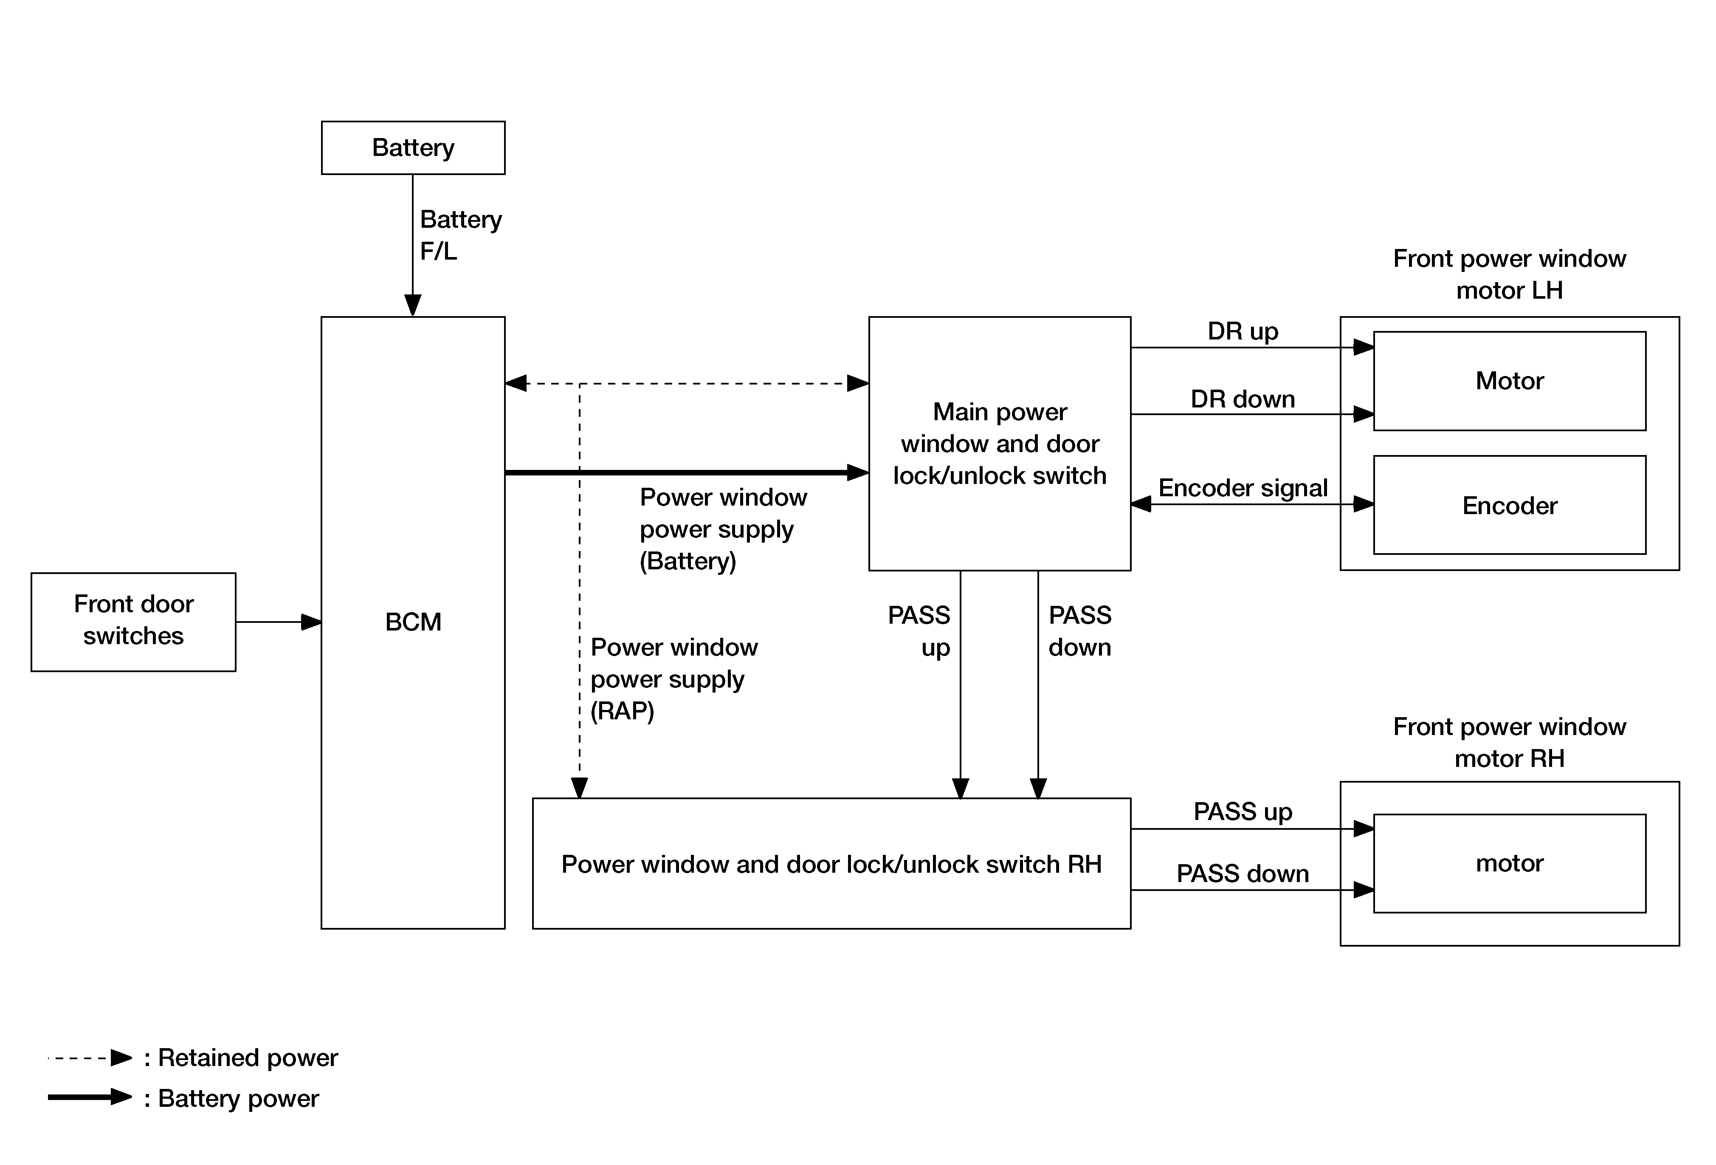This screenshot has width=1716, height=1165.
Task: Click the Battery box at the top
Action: [x=413, y=148]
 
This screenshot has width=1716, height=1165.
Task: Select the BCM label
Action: [x=413, y=622]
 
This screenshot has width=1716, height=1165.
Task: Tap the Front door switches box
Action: [x=134, y=622]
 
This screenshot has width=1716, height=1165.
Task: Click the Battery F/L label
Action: [x=461, y=235]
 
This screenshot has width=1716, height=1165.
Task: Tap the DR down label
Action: [x=1243, y=399]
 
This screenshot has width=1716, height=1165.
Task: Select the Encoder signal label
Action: [x=1243, y=488]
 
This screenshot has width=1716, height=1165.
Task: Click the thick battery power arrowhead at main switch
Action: [x=858, y=472]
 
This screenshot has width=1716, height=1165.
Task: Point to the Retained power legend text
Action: [x=248, y=1058]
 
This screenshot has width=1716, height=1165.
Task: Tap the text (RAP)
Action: [x=623, y=711]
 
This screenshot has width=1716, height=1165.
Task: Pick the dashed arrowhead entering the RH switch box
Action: [x=580, y=788]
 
